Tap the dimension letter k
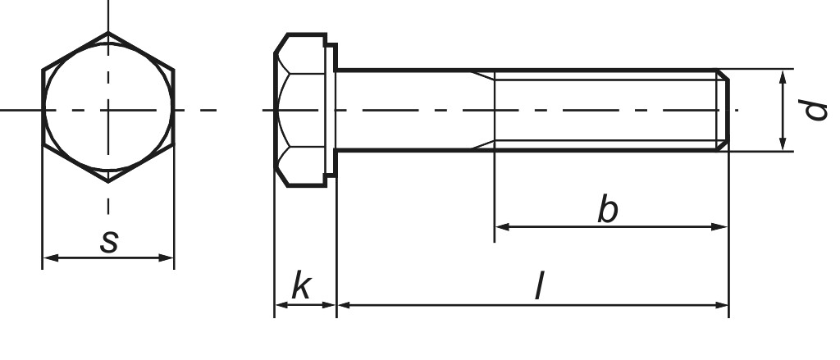pos(302,286)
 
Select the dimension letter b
pos(607,210)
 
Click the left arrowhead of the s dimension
pos(48,258)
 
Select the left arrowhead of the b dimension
pos(500,226)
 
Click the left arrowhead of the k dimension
pos(279,305)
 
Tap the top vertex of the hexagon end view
pos(108,33)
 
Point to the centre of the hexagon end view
pos(108,109)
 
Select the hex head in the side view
pos(302,110)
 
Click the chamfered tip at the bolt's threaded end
pos(723,110)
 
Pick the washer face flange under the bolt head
pos(331,110)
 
